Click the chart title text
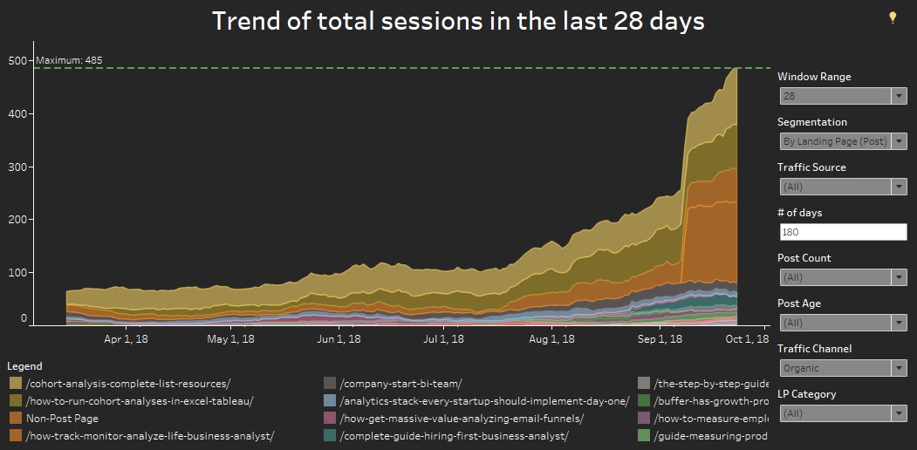point(458,21)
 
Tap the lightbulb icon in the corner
point(893,17)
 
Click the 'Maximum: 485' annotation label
point(64,60)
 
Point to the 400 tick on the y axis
point(17,114)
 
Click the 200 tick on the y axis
point(17,220)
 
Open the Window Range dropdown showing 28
point(842,96)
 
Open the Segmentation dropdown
point(842,141)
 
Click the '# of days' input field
point(842,232)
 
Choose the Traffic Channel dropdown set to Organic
point(842,368)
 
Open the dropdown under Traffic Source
point(842,187)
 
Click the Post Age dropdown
point(842,323)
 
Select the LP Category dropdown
point(842,413)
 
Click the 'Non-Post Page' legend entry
point(61,419)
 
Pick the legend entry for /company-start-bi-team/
point(400,384)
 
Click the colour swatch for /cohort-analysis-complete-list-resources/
point(16,384)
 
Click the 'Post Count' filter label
point(804,258)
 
